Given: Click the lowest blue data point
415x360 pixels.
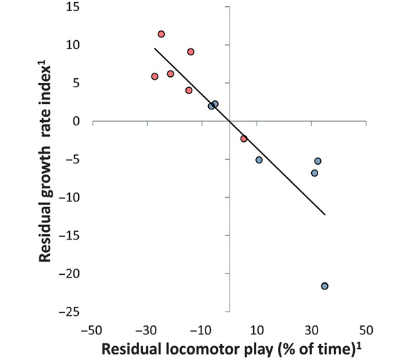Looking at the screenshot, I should (x=324, y=286).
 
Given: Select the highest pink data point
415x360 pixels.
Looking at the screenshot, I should (x=161, y=34).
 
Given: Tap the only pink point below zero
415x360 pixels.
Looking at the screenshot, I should (x=243, y=138).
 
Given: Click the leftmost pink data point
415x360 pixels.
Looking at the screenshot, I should (x=155, y=76).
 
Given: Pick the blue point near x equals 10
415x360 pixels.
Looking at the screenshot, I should (x=259, y=160).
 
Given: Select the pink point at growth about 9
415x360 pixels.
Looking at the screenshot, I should (x=190, y=51).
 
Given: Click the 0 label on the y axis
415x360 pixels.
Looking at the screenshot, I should (x=77, y=121).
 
